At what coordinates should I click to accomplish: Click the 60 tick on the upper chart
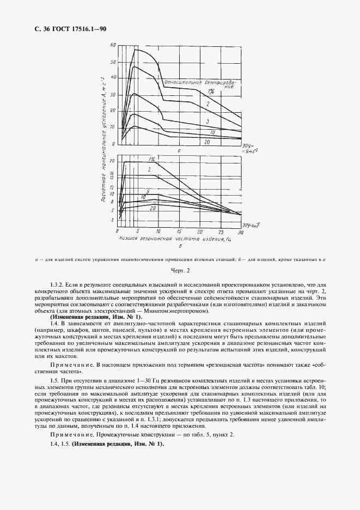113,45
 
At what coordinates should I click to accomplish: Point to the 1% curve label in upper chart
210,92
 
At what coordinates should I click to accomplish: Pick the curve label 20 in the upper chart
207,142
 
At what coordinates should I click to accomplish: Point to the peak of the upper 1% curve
136,50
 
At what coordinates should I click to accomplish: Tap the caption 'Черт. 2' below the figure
180,271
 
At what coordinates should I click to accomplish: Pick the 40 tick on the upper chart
113,78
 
